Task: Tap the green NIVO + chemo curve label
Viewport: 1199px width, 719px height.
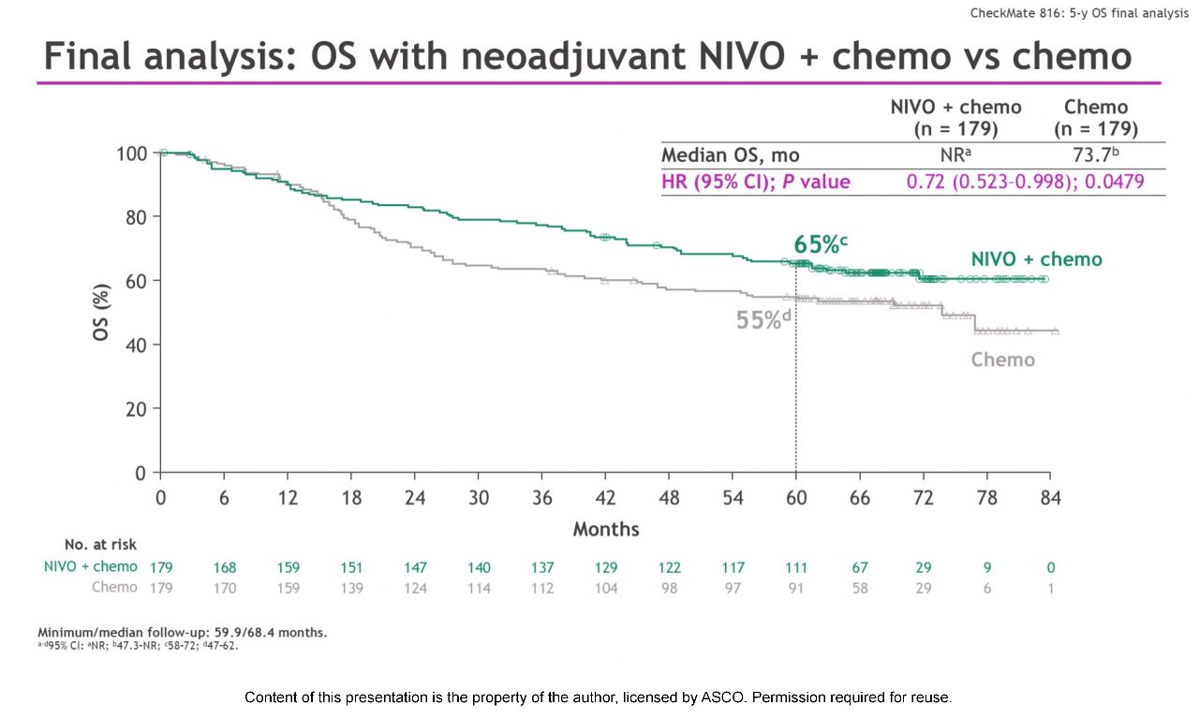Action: [x=1036, y=259]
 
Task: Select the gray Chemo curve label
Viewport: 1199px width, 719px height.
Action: [x=1002, y=359]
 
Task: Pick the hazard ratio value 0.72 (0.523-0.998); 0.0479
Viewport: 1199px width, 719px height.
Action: [x=1025, y=182]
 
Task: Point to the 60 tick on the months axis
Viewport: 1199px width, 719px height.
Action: [x=796, y=498]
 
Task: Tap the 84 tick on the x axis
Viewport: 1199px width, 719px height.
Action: [x=1050, y=498]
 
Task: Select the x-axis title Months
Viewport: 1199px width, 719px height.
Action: [x=605, y=529]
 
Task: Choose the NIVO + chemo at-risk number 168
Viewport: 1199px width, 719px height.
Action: [x=224, y=567]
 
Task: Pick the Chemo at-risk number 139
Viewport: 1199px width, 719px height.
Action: [x=351, y=588]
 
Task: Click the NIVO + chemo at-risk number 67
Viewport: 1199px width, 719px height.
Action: [x=860, y=567]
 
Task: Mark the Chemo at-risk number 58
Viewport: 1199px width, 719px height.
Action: [x=860, y=588]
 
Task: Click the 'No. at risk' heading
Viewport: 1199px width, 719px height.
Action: [x=100, y=545]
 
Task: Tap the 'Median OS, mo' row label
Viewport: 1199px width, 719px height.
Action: [x=731, y=155]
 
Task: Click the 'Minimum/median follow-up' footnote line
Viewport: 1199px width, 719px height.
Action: [x=182, y=633]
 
